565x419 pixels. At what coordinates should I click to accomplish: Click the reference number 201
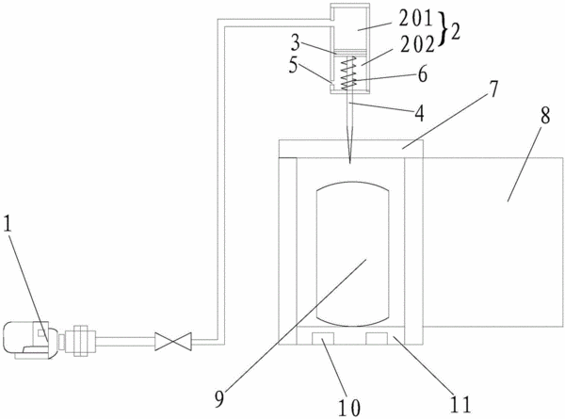(415, 18)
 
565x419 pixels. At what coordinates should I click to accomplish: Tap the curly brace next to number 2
(443, 29)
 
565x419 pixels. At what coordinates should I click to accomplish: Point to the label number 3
(296, 42)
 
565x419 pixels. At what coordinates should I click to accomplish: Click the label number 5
(294, 66)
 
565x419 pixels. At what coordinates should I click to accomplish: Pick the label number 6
(422, 74)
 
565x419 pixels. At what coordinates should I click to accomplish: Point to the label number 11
(460, 404)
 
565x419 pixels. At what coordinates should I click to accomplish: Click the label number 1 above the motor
(8, 224)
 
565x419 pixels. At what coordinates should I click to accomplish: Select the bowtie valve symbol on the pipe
(173, 341)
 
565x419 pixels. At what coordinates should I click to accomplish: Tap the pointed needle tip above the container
(349, 163)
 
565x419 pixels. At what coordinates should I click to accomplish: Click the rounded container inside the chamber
(352, 254)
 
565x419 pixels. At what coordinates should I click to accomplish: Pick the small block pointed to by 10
(323, 339)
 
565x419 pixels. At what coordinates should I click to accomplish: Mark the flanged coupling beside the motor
(80, 341)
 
